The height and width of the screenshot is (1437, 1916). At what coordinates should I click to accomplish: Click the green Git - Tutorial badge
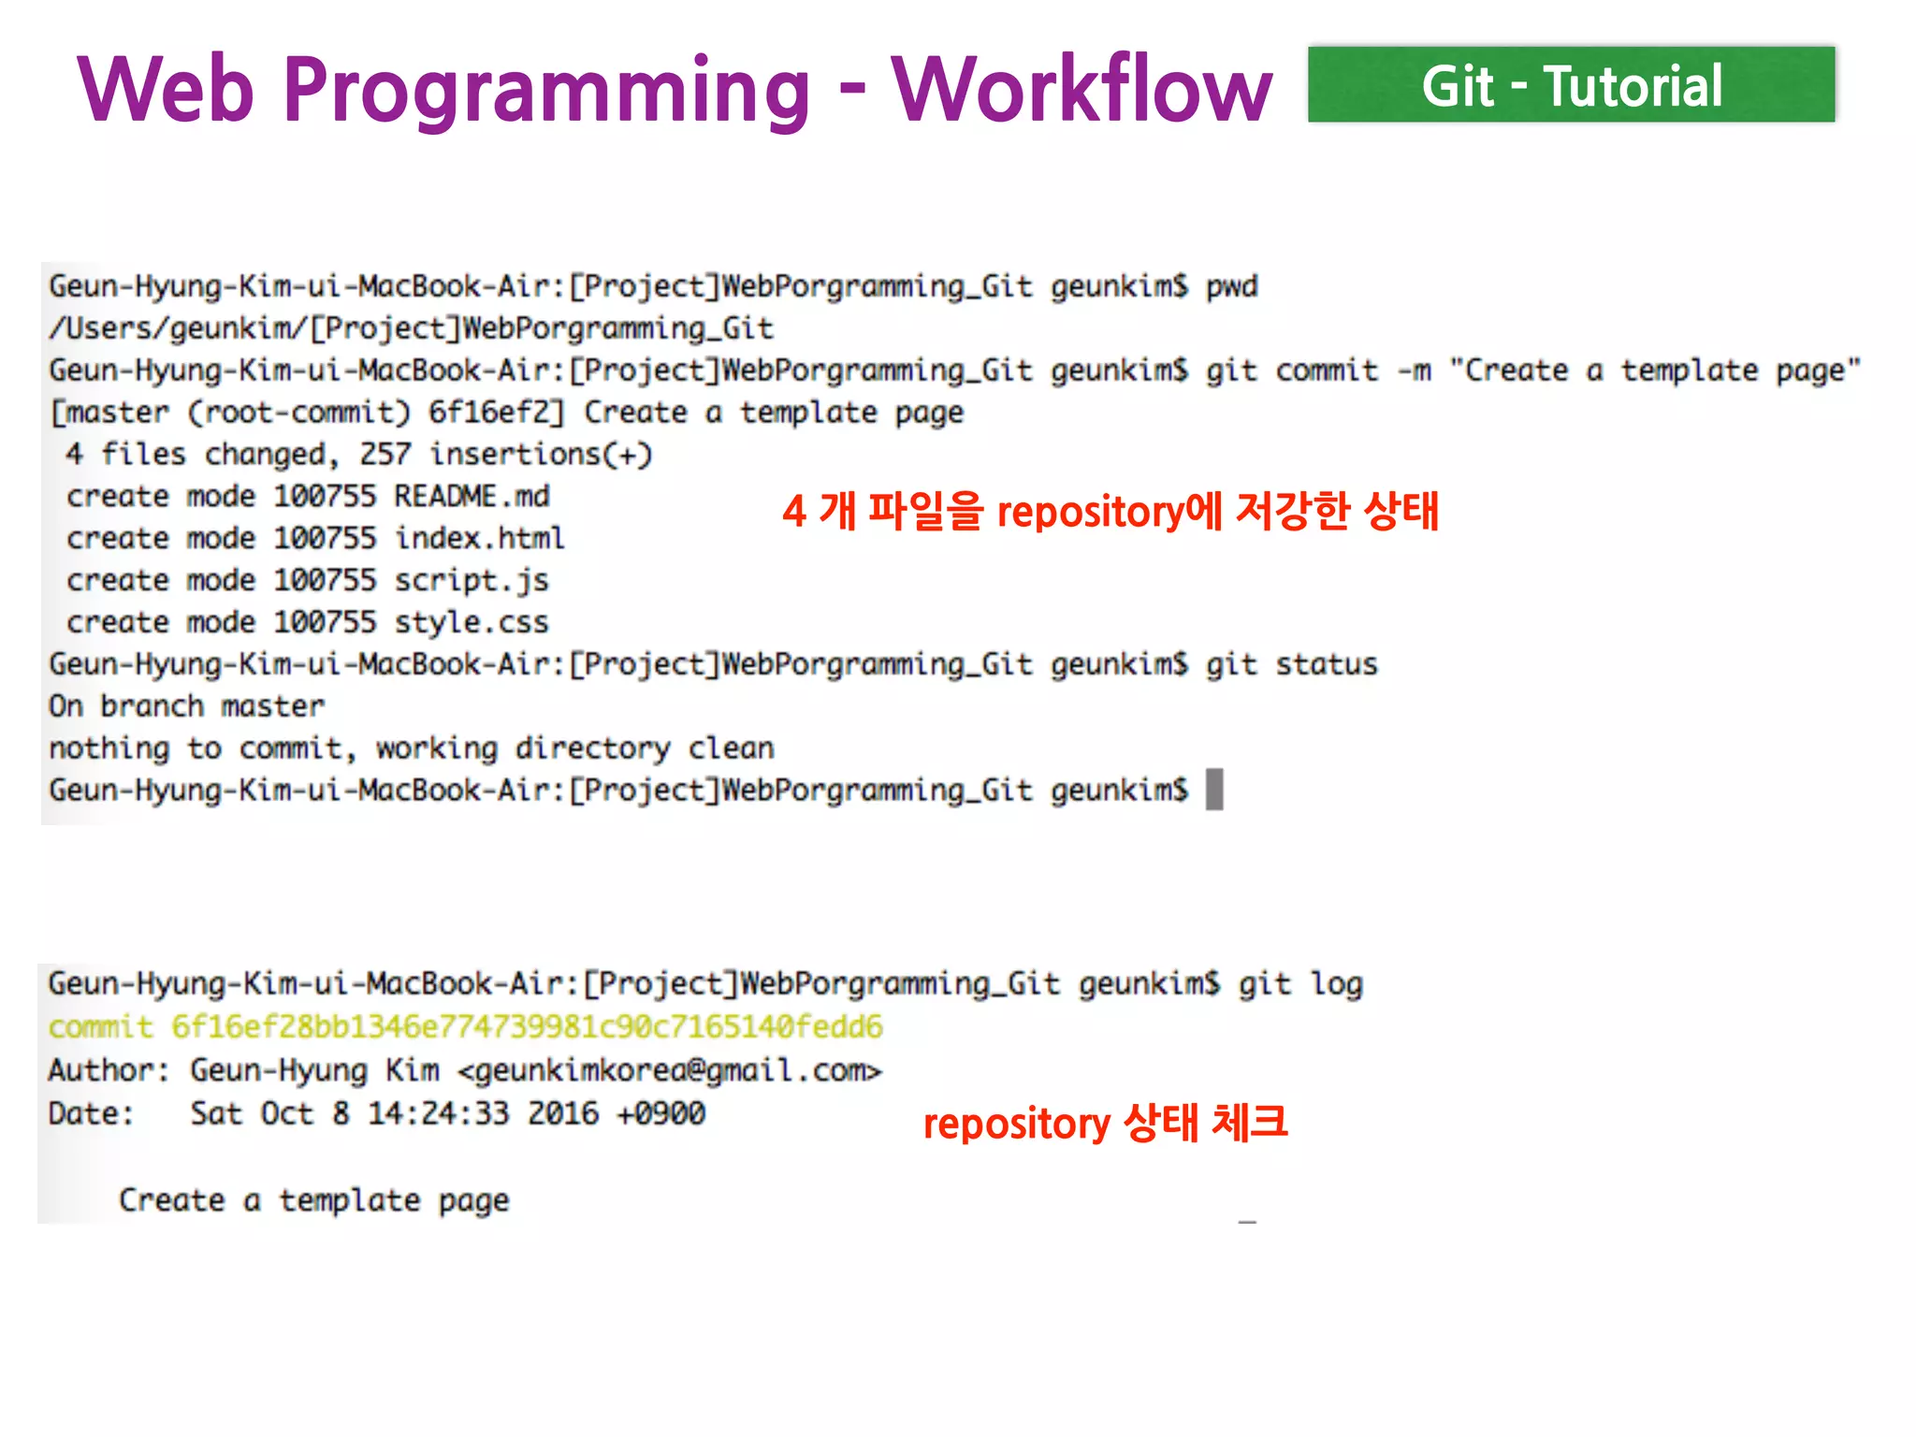[1571, 85]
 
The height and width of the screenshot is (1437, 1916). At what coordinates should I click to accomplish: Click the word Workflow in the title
[1081, 90]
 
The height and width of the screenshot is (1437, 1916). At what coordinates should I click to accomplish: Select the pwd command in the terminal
[1231, 286]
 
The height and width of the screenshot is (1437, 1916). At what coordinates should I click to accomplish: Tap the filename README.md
[472, 496]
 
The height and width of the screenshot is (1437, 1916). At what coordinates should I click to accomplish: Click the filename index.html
[479, 538]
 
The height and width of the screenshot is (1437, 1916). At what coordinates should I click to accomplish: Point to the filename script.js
[471, 581]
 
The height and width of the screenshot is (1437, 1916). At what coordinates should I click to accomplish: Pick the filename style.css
[471, 623]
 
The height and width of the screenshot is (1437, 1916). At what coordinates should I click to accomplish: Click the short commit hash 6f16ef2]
[496, 413]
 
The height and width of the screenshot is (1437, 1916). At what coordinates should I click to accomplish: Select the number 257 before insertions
[385, 455]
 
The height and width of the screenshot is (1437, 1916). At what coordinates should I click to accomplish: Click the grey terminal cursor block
[1214, 790]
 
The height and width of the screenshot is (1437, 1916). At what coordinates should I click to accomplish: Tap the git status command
[1291, 664]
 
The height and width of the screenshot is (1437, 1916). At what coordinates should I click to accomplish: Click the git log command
[1300, 984]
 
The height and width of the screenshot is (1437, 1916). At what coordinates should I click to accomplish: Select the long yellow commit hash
[527, 1027]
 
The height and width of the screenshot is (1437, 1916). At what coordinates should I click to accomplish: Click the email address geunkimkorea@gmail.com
[669, 1070]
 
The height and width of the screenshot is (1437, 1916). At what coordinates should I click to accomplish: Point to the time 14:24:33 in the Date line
[438, 1113]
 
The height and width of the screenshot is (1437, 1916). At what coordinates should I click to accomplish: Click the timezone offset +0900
[660, 1113]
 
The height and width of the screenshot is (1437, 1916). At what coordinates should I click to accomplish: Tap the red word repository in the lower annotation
[1016, 1124]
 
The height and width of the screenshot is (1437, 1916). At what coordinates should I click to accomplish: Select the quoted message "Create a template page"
[1654, 370]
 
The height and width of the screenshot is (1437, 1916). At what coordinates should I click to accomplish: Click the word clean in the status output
[731, 748]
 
